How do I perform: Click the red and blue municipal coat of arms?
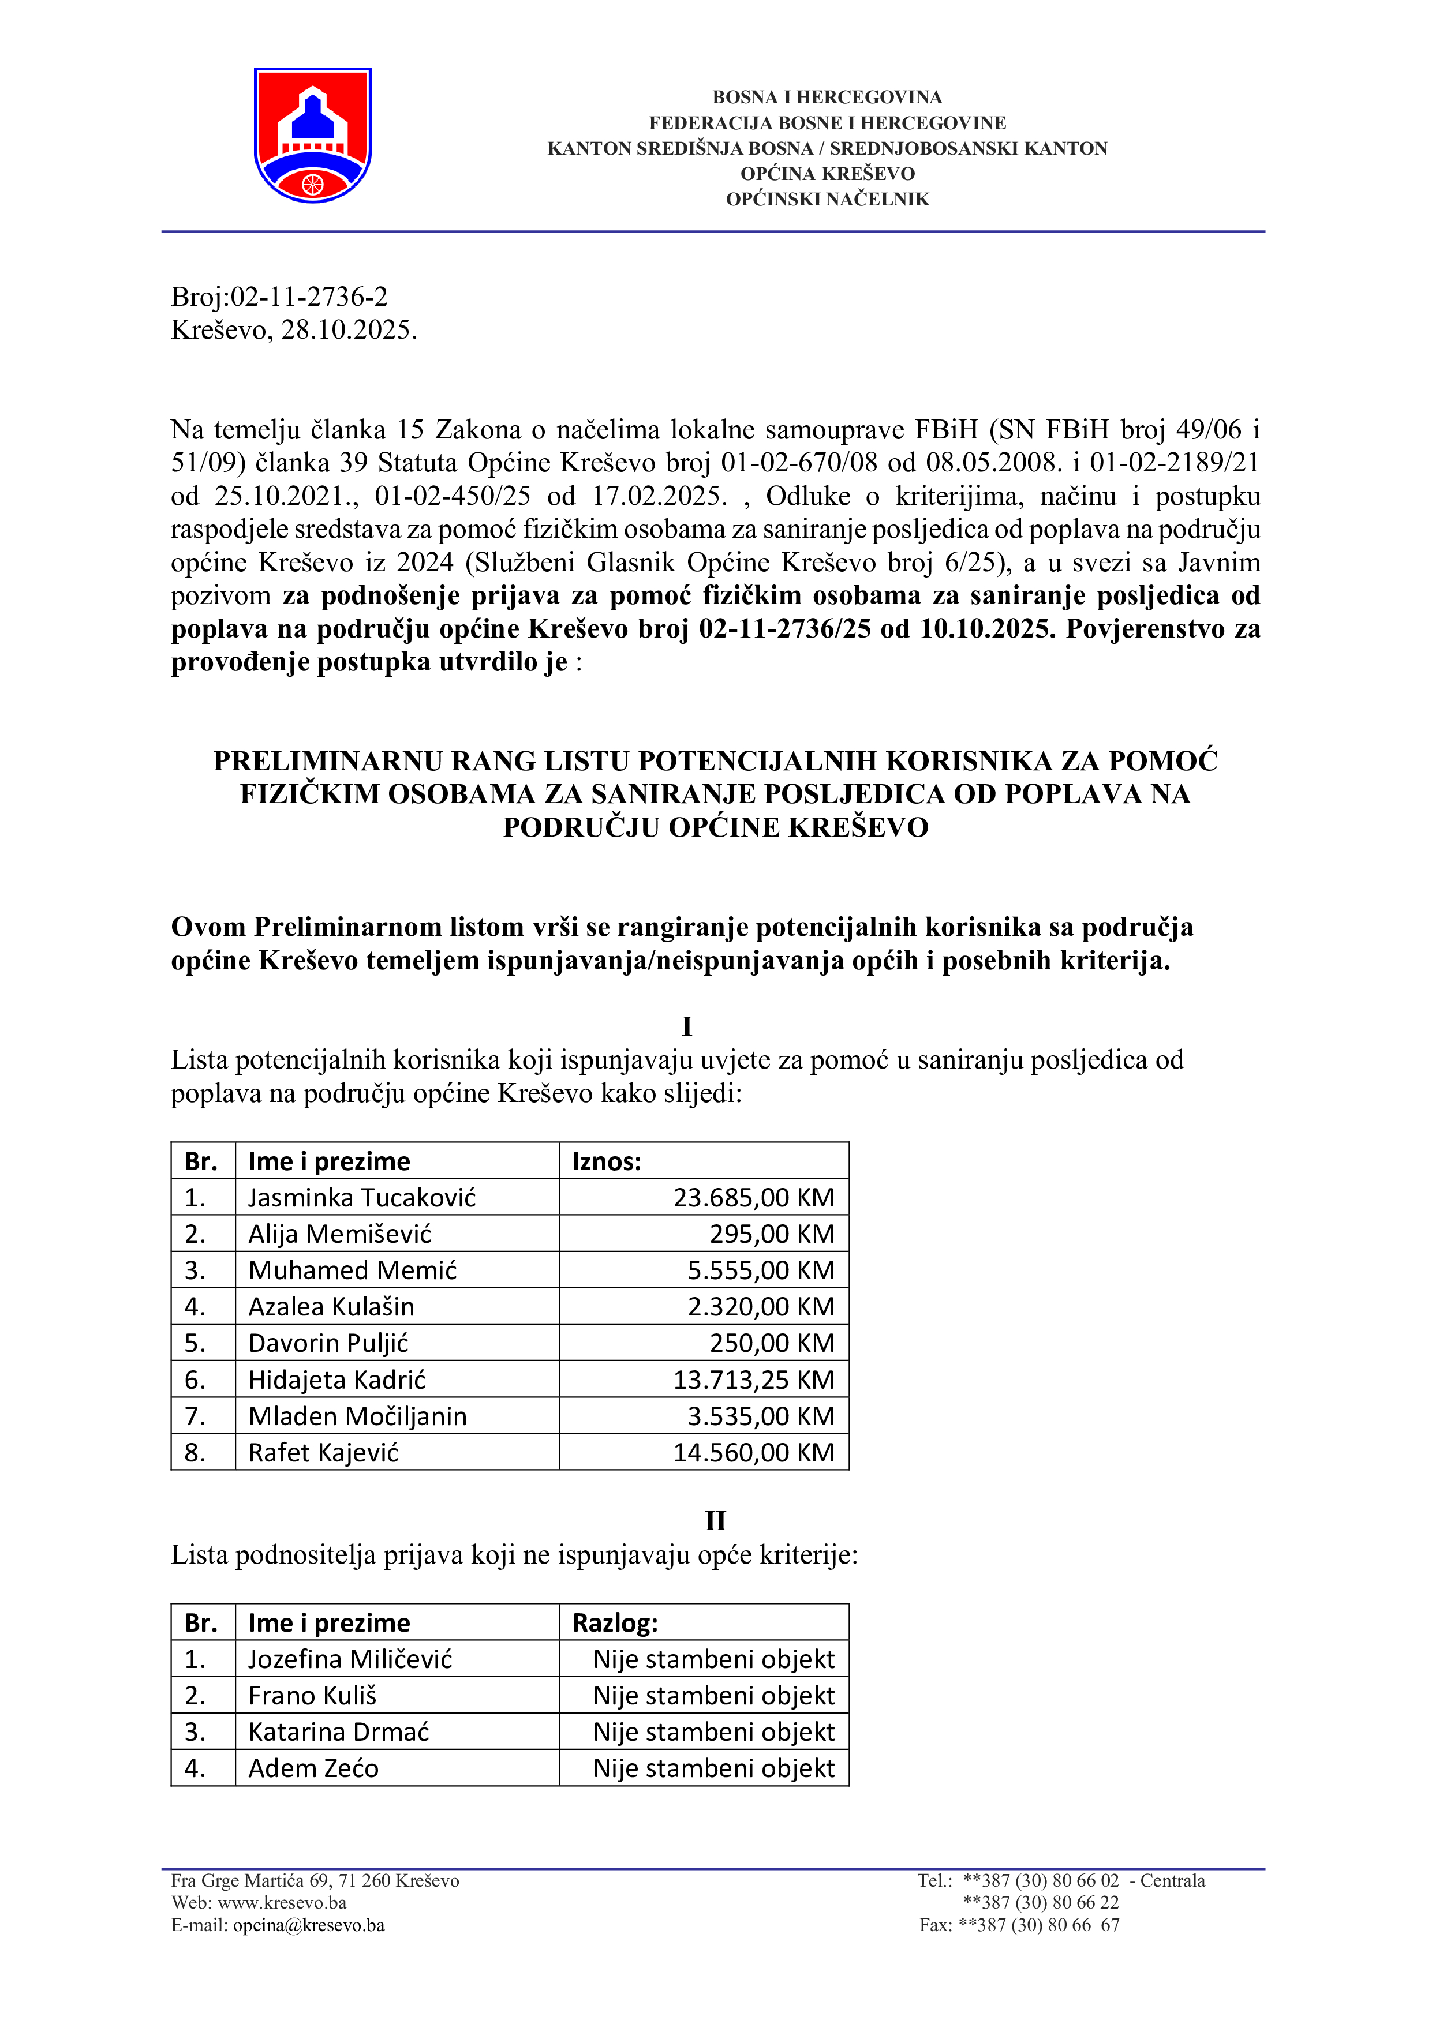coord(312,135)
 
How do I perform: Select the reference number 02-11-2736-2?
coord(309,297)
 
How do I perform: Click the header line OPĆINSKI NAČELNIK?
coord(827,199)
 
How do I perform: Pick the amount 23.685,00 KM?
coord(753,1197)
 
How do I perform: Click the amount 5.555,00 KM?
coord(760,1270)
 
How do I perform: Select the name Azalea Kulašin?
coord(331,1306)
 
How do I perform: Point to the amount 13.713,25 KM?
coord(753,1380)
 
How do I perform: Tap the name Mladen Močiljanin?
coord(357,1416)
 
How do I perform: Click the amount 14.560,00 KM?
coord(753,1452)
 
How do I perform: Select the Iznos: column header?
coord(607,1161)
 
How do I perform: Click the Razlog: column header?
coord(615,1623)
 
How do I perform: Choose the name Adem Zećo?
coord(313,1768)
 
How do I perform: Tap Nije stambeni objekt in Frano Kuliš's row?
coord(713,1695)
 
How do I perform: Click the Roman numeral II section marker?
coord(715,1521)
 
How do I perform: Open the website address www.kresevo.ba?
coord(282,1902)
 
